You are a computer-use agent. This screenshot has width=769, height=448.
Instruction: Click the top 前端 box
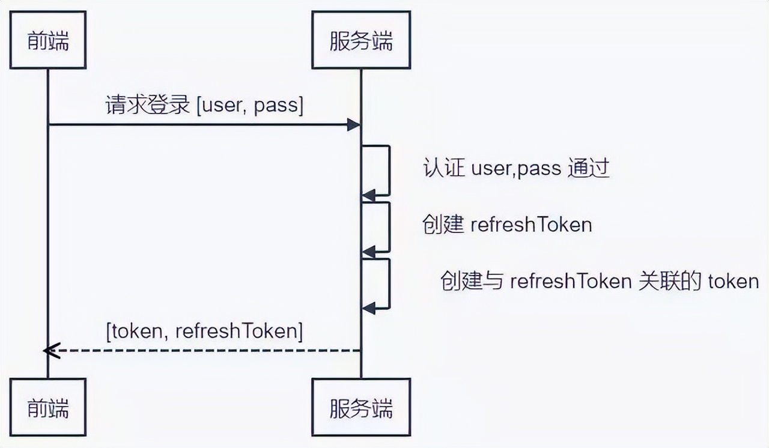(48, 40)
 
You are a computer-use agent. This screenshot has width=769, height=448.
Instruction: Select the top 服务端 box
(361, 40)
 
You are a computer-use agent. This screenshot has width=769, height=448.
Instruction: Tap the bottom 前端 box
(48, 407)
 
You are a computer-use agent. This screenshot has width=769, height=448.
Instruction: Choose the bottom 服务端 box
(361, 407)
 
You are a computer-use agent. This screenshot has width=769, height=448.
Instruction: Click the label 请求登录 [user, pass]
(204, 105)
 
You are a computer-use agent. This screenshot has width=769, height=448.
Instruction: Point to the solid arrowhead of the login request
(354, 124)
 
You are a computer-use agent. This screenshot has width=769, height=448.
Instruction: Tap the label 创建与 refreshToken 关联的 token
(600, 280)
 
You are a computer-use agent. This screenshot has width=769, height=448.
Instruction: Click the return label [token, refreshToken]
(204, 331)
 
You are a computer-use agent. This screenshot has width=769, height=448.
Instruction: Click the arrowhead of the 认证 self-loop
(368, 195)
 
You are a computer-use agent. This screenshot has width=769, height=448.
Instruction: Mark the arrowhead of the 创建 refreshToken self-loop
(368, 251)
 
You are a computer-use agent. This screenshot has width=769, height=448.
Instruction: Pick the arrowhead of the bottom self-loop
(368, 307)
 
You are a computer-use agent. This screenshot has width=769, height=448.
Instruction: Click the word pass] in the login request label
(278, 106)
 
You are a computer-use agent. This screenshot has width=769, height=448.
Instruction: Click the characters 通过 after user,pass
(589, 169)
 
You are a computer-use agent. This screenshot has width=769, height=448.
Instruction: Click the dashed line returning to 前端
(204, 350)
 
